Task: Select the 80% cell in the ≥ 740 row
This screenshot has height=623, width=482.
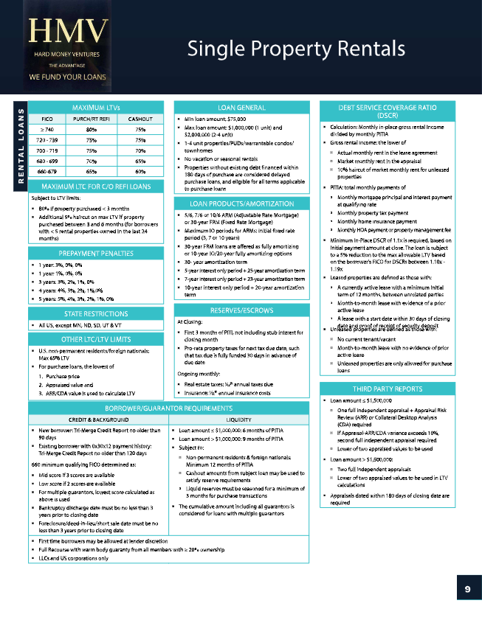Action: (93, 128)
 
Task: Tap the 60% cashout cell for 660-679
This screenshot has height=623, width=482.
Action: (140, 171)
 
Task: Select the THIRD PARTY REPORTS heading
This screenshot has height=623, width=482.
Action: (388, 389)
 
